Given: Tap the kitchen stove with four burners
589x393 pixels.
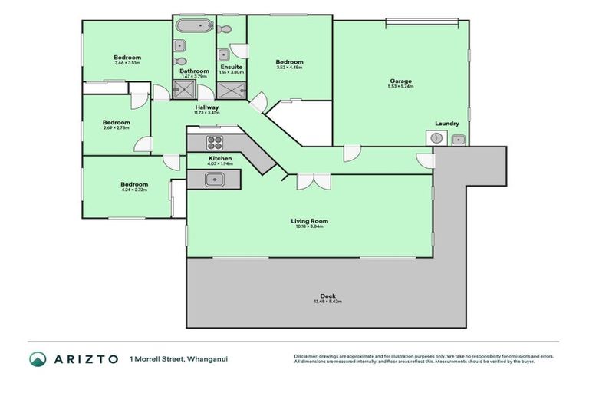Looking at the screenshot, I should pyautogui.click(x=215, y=143).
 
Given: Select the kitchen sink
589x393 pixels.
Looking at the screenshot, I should pyautogui.click(x=214, y=180).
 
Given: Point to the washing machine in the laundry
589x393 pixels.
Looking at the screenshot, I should pyautogui.click(x=436, y=138).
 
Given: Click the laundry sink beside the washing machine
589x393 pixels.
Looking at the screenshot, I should pyautogui.click(x=458, y=139).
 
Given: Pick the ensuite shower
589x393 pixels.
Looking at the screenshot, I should pyautogui.click(x=232, y=91).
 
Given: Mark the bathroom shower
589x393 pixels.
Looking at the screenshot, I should pyautogui.click(x=185, y=91).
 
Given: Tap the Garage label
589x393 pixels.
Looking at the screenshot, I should pyautogui.click(x=400, y=81).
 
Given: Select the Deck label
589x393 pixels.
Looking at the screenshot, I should pyautogui.click(x=328, y=296).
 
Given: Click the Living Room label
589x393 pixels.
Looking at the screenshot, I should pyautogui.click(x=309, y=220).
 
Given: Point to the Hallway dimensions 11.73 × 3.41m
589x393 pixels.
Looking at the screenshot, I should pyautogui.click(x=207, y=113).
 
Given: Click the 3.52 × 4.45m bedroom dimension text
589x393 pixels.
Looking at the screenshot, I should pyautogui.click(x=289, y=68).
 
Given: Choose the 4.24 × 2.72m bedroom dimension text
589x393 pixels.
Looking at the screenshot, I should pyautogui.click(x=133, y=190).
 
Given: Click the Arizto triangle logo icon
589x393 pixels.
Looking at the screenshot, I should pyautogui.click(x=38, y=358).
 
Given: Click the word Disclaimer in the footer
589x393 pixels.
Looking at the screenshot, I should pyautogui.click(x=308, y=355).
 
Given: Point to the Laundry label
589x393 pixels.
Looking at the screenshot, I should pyautogui.click(x=446, y=124).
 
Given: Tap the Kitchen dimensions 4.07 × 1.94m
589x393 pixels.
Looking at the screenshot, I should pyautogui.click(x=219, y=164).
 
